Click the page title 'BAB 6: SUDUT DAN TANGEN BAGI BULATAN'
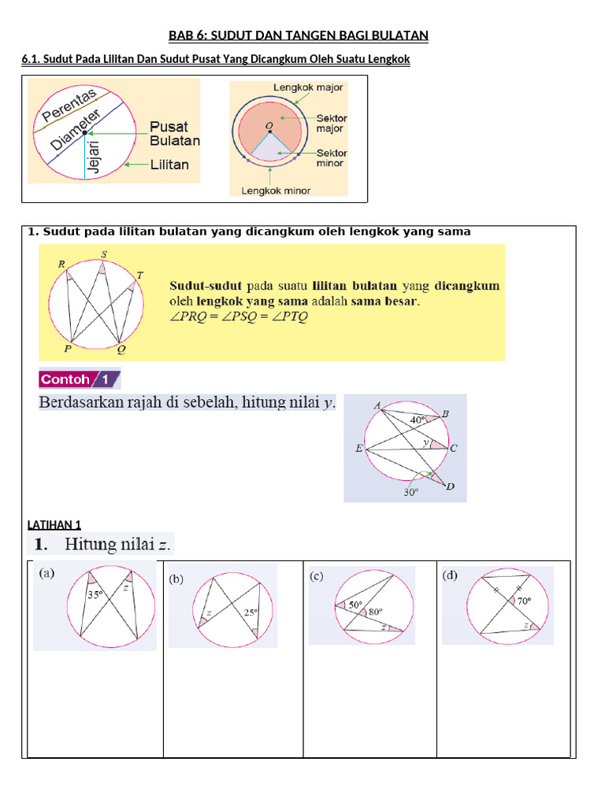tap(299, 35)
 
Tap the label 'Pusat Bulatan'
tap(174, 133)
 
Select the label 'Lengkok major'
tap(308, 87)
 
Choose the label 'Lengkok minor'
tap(276, 190)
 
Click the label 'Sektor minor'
tap(331, 158)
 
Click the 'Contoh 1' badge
tap(80, 379)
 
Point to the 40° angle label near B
tap(418, 420)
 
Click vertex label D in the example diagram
tap(450, 487)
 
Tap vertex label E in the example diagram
tap(358, 449)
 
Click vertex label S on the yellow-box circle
tap(104, 253)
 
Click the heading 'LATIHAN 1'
tap(54, 525)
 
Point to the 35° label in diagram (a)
tap(95, 596)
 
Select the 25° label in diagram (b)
tap(251, 612)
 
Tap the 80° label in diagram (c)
tap(373, 611)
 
